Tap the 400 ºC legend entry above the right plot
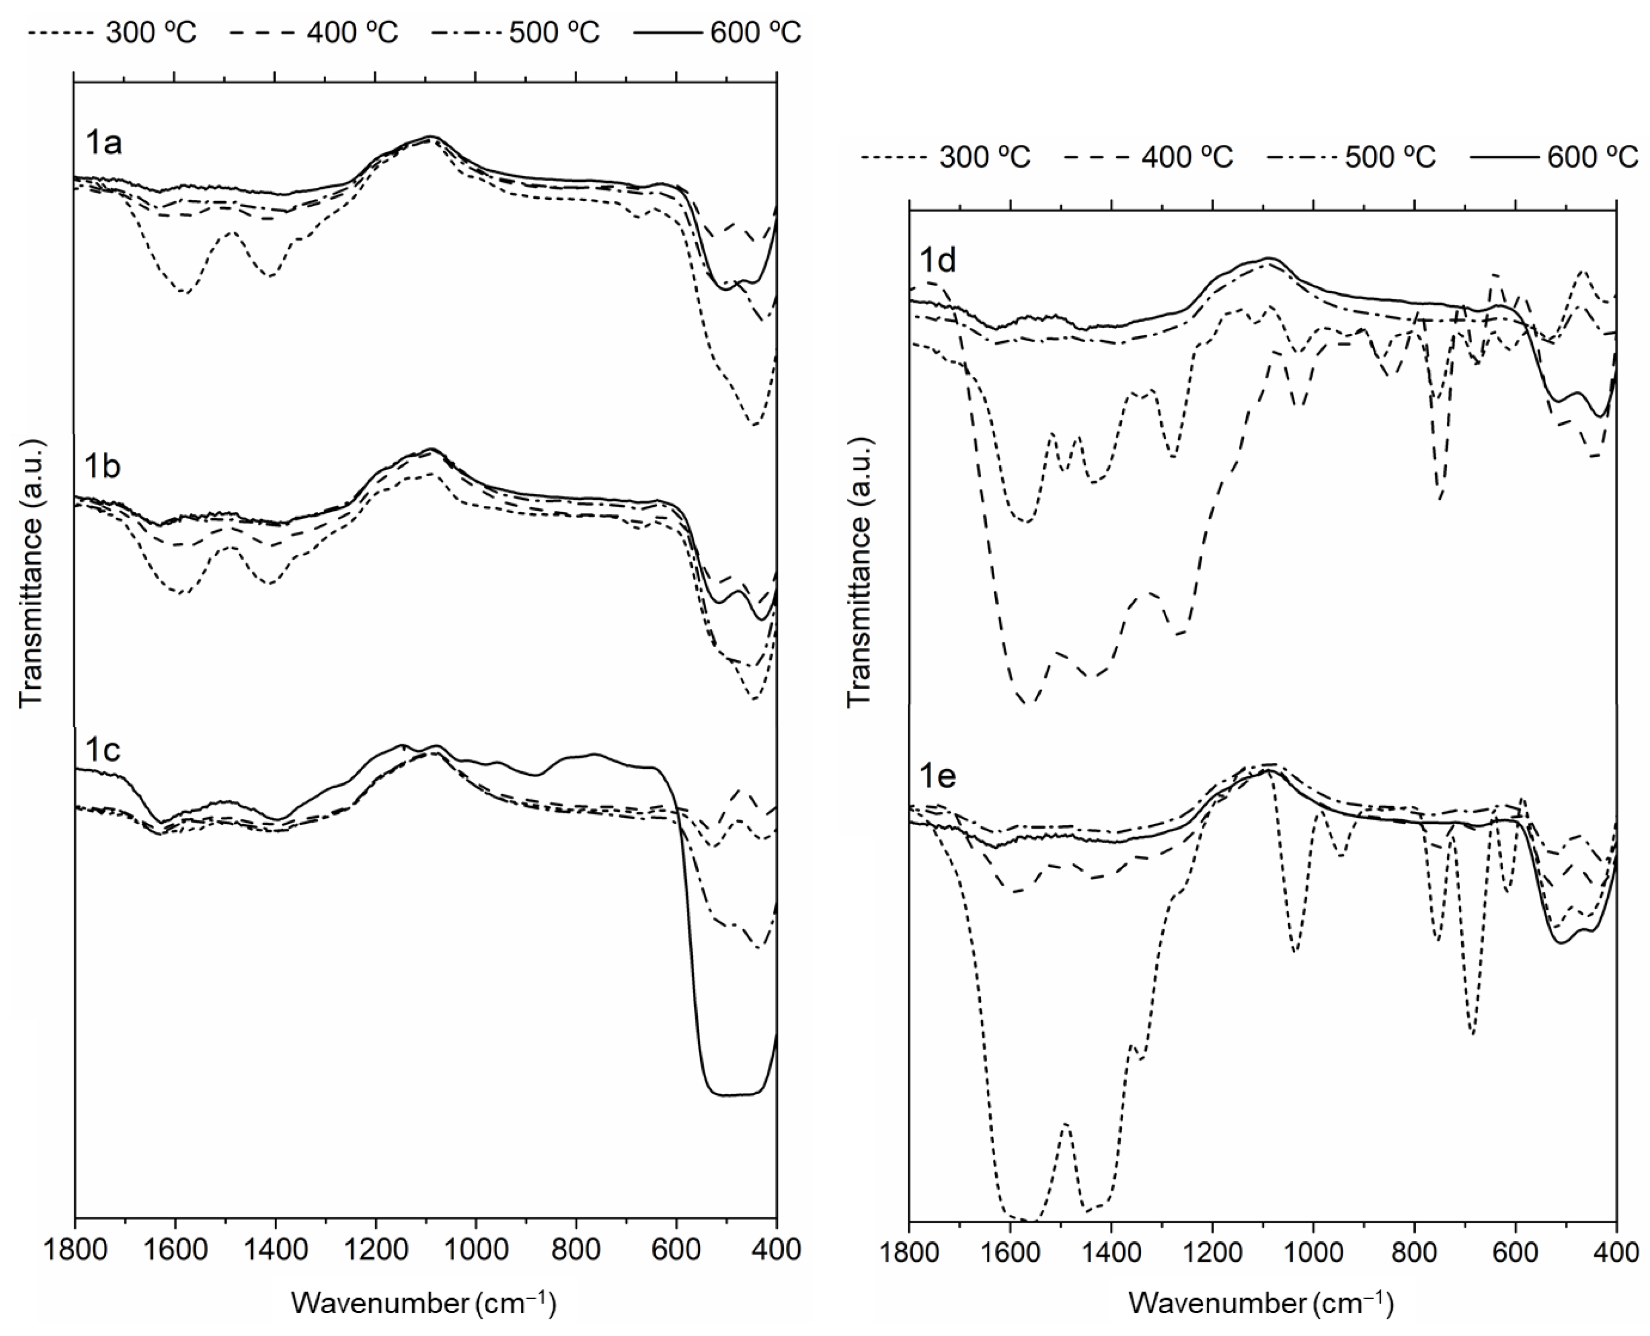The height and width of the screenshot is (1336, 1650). [x=1149, y=157]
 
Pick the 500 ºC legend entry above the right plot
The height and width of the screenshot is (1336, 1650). [x=1353, y=157]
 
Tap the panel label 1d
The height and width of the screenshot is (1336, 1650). [x=938, y=262]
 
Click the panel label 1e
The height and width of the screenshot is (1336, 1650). [x=938, y=776]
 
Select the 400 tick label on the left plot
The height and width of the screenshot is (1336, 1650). [x=776, y=1250]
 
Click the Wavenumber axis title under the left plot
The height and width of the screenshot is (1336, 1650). [x=423, y=1303]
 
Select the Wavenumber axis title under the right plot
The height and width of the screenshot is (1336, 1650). [x=1262, y=1303]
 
